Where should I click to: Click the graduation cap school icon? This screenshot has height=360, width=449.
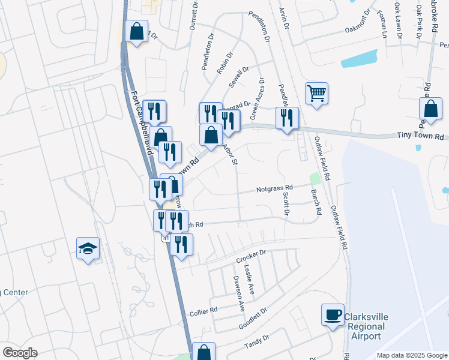coord(88,249)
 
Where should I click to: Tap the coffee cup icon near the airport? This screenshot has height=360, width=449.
coord(333,315)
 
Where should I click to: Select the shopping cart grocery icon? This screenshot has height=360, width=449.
coord(316,94)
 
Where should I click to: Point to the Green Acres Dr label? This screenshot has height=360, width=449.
coord(256,98)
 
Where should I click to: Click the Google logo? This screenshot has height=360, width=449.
coord(20,353)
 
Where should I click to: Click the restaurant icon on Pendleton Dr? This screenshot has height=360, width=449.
coord(288,118)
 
